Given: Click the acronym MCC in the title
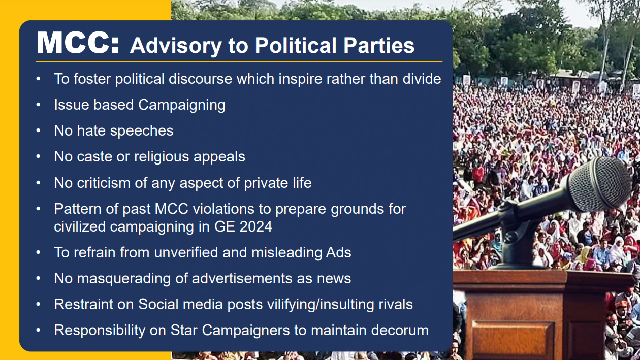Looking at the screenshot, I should coord(78,43).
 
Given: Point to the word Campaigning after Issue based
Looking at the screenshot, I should coord(181,105).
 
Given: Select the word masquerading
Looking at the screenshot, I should coord(128,278).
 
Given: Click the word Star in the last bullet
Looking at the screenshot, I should coord(184,330).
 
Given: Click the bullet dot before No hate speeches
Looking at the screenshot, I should coord(39,130).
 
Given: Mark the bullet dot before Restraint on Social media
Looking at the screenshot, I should coord(39,304).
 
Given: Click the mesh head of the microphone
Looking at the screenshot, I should coord(599,184).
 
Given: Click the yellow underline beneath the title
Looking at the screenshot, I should coord(239,61).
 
